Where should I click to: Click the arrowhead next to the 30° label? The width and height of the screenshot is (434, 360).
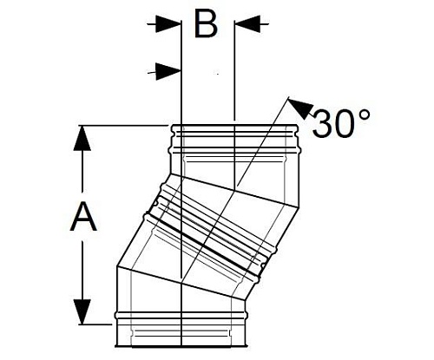pos(297,108)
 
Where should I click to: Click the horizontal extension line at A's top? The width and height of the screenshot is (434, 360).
pos(122,127)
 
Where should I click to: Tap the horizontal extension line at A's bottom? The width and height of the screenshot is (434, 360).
pos(95,323)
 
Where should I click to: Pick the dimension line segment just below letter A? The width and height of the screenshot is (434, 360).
pos(83,269)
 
